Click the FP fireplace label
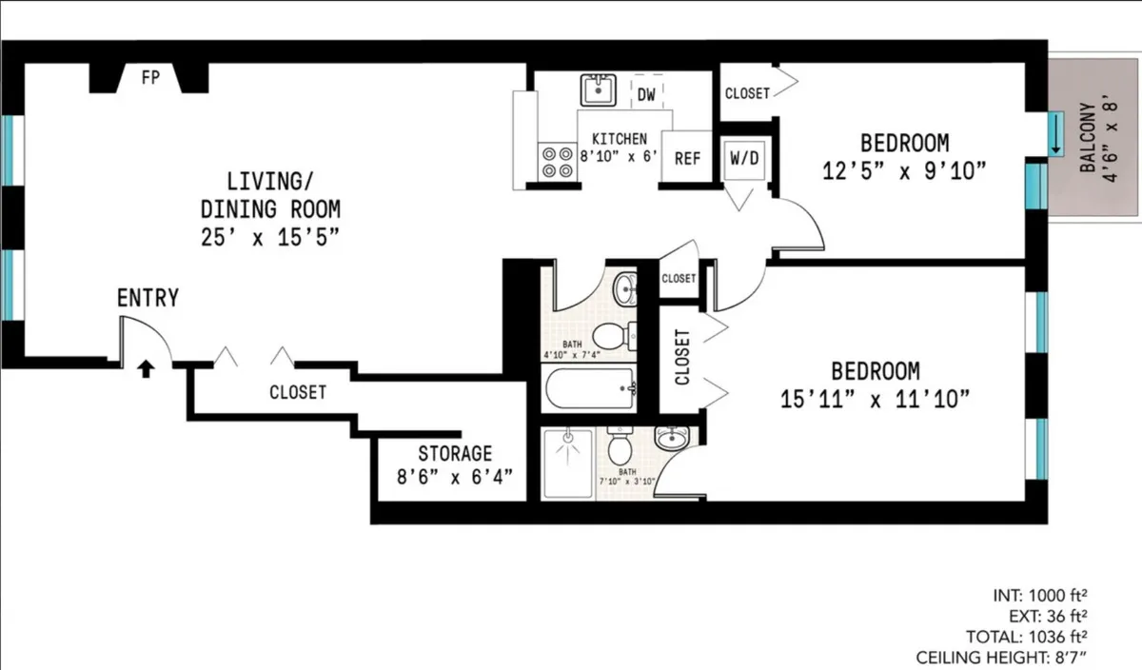click(149, 79)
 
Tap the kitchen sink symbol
click(599, 91)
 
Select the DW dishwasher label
click(646, 93)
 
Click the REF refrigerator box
click(687, 158)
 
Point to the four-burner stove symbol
click(557, 161)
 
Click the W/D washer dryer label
click(744, 157)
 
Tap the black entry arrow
click(145, 368)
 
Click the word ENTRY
click(148, 298)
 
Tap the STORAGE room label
click(455, 453)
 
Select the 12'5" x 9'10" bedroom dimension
click(903, 170)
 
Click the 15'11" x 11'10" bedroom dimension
click(875, 399)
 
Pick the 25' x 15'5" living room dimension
click(270, 237)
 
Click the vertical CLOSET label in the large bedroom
click(681, 358)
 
